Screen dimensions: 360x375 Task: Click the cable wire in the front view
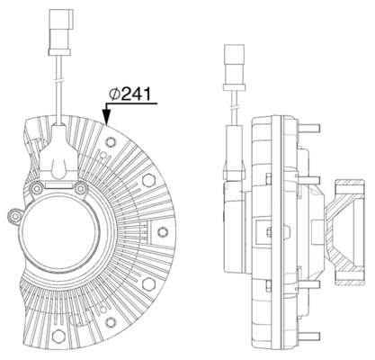pyautogui.click(x=57, y=90)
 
